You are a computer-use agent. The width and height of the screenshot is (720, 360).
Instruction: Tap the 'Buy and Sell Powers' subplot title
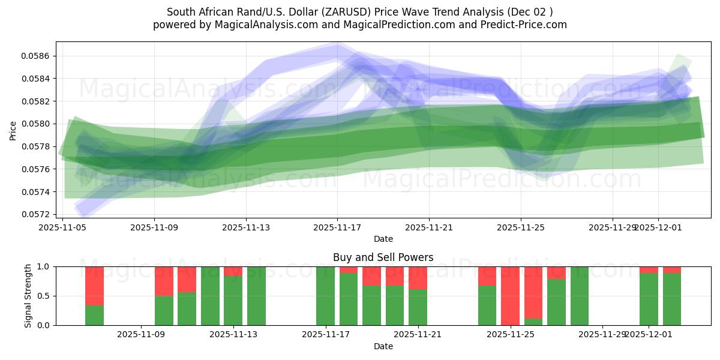pos(383,257)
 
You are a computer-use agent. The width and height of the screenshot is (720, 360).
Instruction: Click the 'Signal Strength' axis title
pos(28,296)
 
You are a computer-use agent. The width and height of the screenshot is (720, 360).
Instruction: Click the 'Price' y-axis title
pos(13,130)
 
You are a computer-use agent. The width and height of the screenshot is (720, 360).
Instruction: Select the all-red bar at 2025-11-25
pos(510,296)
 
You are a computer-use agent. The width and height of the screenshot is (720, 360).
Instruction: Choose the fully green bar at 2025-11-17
pos(325,296)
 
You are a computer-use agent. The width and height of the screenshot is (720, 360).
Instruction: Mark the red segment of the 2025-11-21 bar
pos(418,278)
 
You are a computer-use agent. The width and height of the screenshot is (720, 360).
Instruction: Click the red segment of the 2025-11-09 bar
pos(164,281)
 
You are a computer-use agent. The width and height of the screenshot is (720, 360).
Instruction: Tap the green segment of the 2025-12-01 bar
pos(649,299)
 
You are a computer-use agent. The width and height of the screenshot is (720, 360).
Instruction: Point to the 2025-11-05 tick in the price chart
pos(63,227)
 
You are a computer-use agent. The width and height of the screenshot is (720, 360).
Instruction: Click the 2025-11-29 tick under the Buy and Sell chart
pos(602,335)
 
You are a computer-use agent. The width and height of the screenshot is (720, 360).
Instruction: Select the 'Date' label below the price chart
pos(383,239)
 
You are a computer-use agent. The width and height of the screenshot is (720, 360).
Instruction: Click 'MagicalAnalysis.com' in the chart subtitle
pos(239,25)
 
